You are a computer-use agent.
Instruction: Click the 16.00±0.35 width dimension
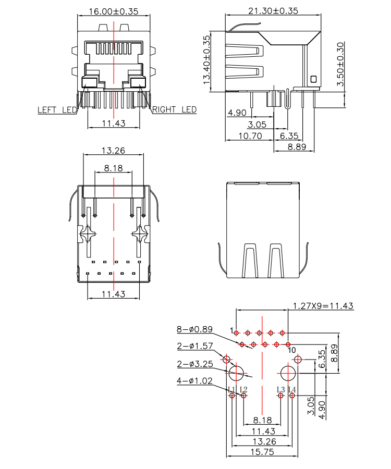114,10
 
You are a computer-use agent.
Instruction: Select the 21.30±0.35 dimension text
273,10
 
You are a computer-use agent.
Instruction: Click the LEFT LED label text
57,110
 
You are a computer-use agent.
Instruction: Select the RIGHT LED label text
174,110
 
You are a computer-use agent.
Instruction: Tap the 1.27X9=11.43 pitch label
323,306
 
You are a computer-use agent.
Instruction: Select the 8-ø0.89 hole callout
194,329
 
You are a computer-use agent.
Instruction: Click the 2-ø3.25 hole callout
194,364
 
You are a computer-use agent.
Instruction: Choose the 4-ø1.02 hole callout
194,381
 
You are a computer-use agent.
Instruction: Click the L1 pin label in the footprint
231,389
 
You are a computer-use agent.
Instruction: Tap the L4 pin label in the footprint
292,389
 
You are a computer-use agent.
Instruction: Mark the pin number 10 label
292,350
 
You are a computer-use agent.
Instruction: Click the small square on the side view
313,79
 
